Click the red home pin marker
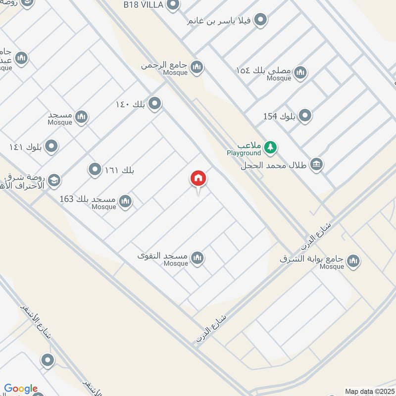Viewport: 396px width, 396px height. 198,179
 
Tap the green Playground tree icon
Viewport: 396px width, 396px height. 270,147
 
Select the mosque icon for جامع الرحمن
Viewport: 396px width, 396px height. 197,67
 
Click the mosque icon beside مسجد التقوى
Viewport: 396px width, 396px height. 198,258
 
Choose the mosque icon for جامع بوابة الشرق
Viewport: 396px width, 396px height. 353,261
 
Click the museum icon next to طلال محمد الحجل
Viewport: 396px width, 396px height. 316,164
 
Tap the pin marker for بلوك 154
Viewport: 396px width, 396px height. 305,116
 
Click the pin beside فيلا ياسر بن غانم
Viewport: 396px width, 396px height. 261,20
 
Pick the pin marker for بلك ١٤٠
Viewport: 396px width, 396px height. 155,103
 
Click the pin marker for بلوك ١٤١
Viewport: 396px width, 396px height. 51,147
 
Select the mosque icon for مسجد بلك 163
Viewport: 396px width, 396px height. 125,201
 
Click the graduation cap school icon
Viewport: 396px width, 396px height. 54,181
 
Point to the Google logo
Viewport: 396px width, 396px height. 21,389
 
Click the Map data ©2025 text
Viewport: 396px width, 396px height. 368,392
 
